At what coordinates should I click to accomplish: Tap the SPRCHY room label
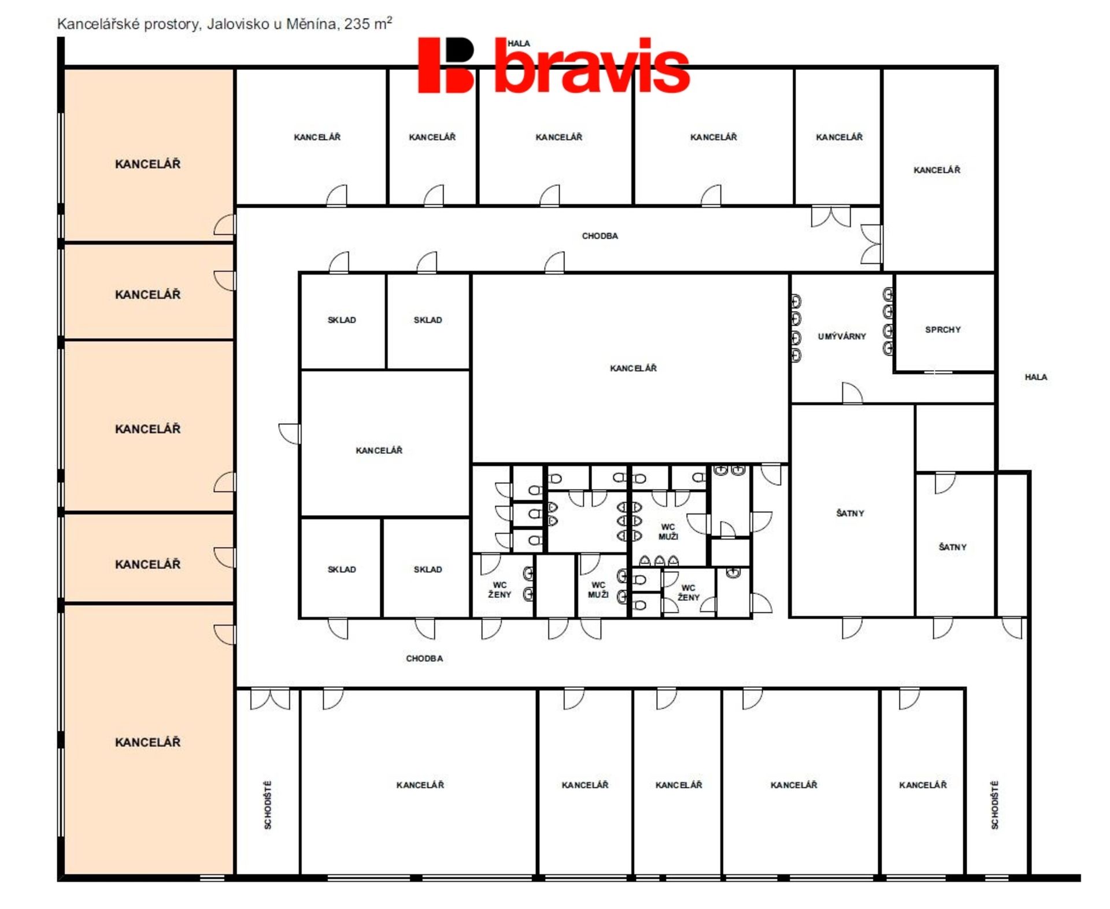[x=942, y=330]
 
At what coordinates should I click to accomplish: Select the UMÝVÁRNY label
[x=842, y=336]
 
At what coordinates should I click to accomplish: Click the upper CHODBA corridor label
[x=600, y=236]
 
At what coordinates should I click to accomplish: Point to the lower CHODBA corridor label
[x=424, y=658]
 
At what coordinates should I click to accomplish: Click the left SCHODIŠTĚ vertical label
[x=268, y=805]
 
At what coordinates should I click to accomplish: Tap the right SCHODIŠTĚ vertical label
[x=994, y=805]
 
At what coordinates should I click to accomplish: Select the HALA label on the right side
[x=1035, y=377]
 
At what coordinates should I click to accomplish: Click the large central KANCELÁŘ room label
[x=633, y=368]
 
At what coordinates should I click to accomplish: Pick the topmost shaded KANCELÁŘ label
[x=147, y=164]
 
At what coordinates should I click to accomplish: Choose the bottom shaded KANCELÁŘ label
[x=147, y=742]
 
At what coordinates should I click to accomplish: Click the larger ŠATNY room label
[x=850, y=513]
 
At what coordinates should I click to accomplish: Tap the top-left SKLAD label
[x=342, y=320]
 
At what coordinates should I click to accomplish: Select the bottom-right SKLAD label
[x=428, y=569]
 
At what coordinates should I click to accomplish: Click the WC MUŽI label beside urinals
[x=668, y=531]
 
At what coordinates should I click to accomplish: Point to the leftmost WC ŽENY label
[x=499, y=589]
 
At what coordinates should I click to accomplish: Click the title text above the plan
[x=224, y=24]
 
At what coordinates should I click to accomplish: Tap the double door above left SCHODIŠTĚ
[x=270, y=699]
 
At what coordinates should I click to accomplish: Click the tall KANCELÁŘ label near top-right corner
[x=937, y=169]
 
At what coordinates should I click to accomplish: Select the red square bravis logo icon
[x=446, y=65]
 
